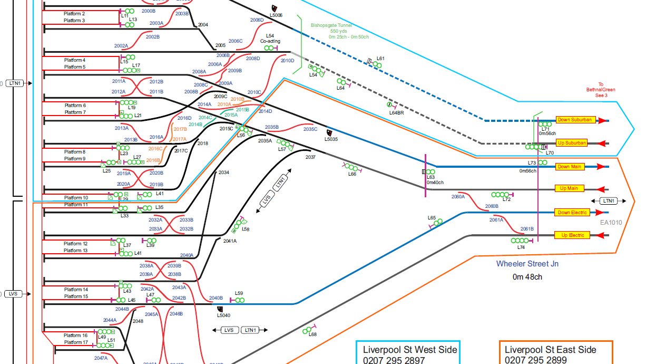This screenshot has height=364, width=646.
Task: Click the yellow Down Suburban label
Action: point(575,120)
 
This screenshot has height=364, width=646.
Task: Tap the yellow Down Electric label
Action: point(572,213)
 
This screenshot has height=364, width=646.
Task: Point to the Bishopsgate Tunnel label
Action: point(331,25)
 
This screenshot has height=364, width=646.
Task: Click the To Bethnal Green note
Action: point(600,90)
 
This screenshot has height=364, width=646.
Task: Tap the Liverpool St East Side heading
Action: point(551,350)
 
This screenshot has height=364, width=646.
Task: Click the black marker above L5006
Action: point(274,8)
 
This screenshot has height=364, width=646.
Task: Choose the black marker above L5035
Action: point(329,132)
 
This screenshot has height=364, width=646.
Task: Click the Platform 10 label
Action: point(76,198)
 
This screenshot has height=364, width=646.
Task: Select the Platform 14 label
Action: point(76,290)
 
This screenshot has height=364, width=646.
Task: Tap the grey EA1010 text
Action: point(611,223)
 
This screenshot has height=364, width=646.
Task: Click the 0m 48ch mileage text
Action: point(527,276)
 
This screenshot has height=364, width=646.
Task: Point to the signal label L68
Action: point(312,334)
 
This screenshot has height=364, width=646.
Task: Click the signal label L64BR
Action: point(396,113)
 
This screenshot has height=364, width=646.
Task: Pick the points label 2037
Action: point(310,157)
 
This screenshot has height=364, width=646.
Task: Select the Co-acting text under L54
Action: point(270,41)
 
